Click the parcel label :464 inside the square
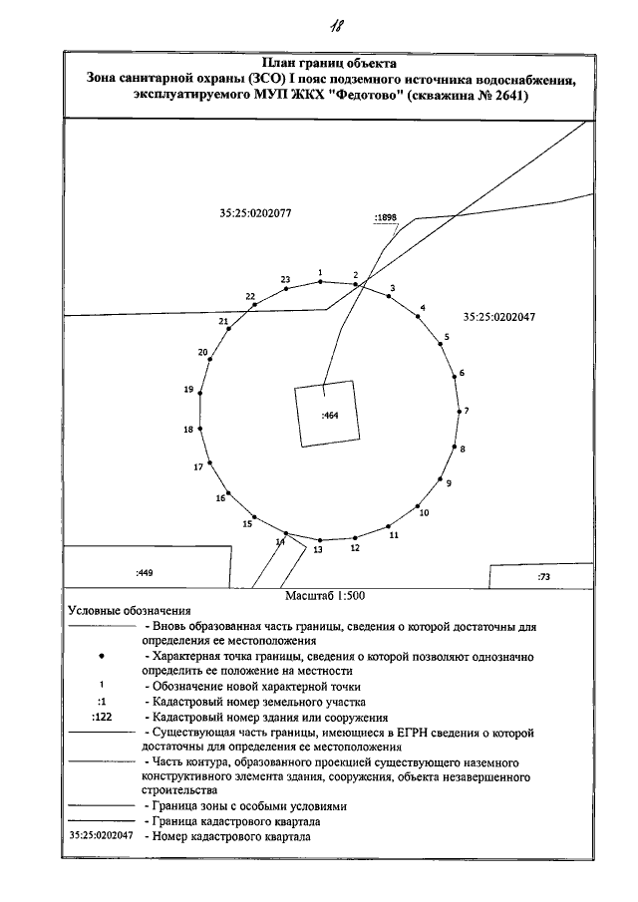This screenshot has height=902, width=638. [332, 415]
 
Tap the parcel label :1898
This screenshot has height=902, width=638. [385, 215]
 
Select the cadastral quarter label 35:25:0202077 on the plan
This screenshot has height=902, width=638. [254, 212]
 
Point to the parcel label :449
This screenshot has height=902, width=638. [144, 573]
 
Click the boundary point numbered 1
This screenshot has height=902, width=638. [320, 282]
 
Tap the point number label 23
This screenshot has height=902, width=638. [285, 279]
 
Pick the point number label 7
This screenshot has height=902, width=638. [467, 411]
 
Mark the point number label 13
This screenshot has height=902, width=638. [319, 549]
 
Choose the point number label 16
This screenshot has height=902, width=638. [220, 497]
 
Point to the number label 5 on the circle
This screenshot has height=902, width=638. [447, 337]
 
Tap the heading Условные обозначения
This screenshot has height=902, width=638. [129, 610]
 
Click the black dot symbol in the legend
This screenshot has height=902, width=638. [103, 658]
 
